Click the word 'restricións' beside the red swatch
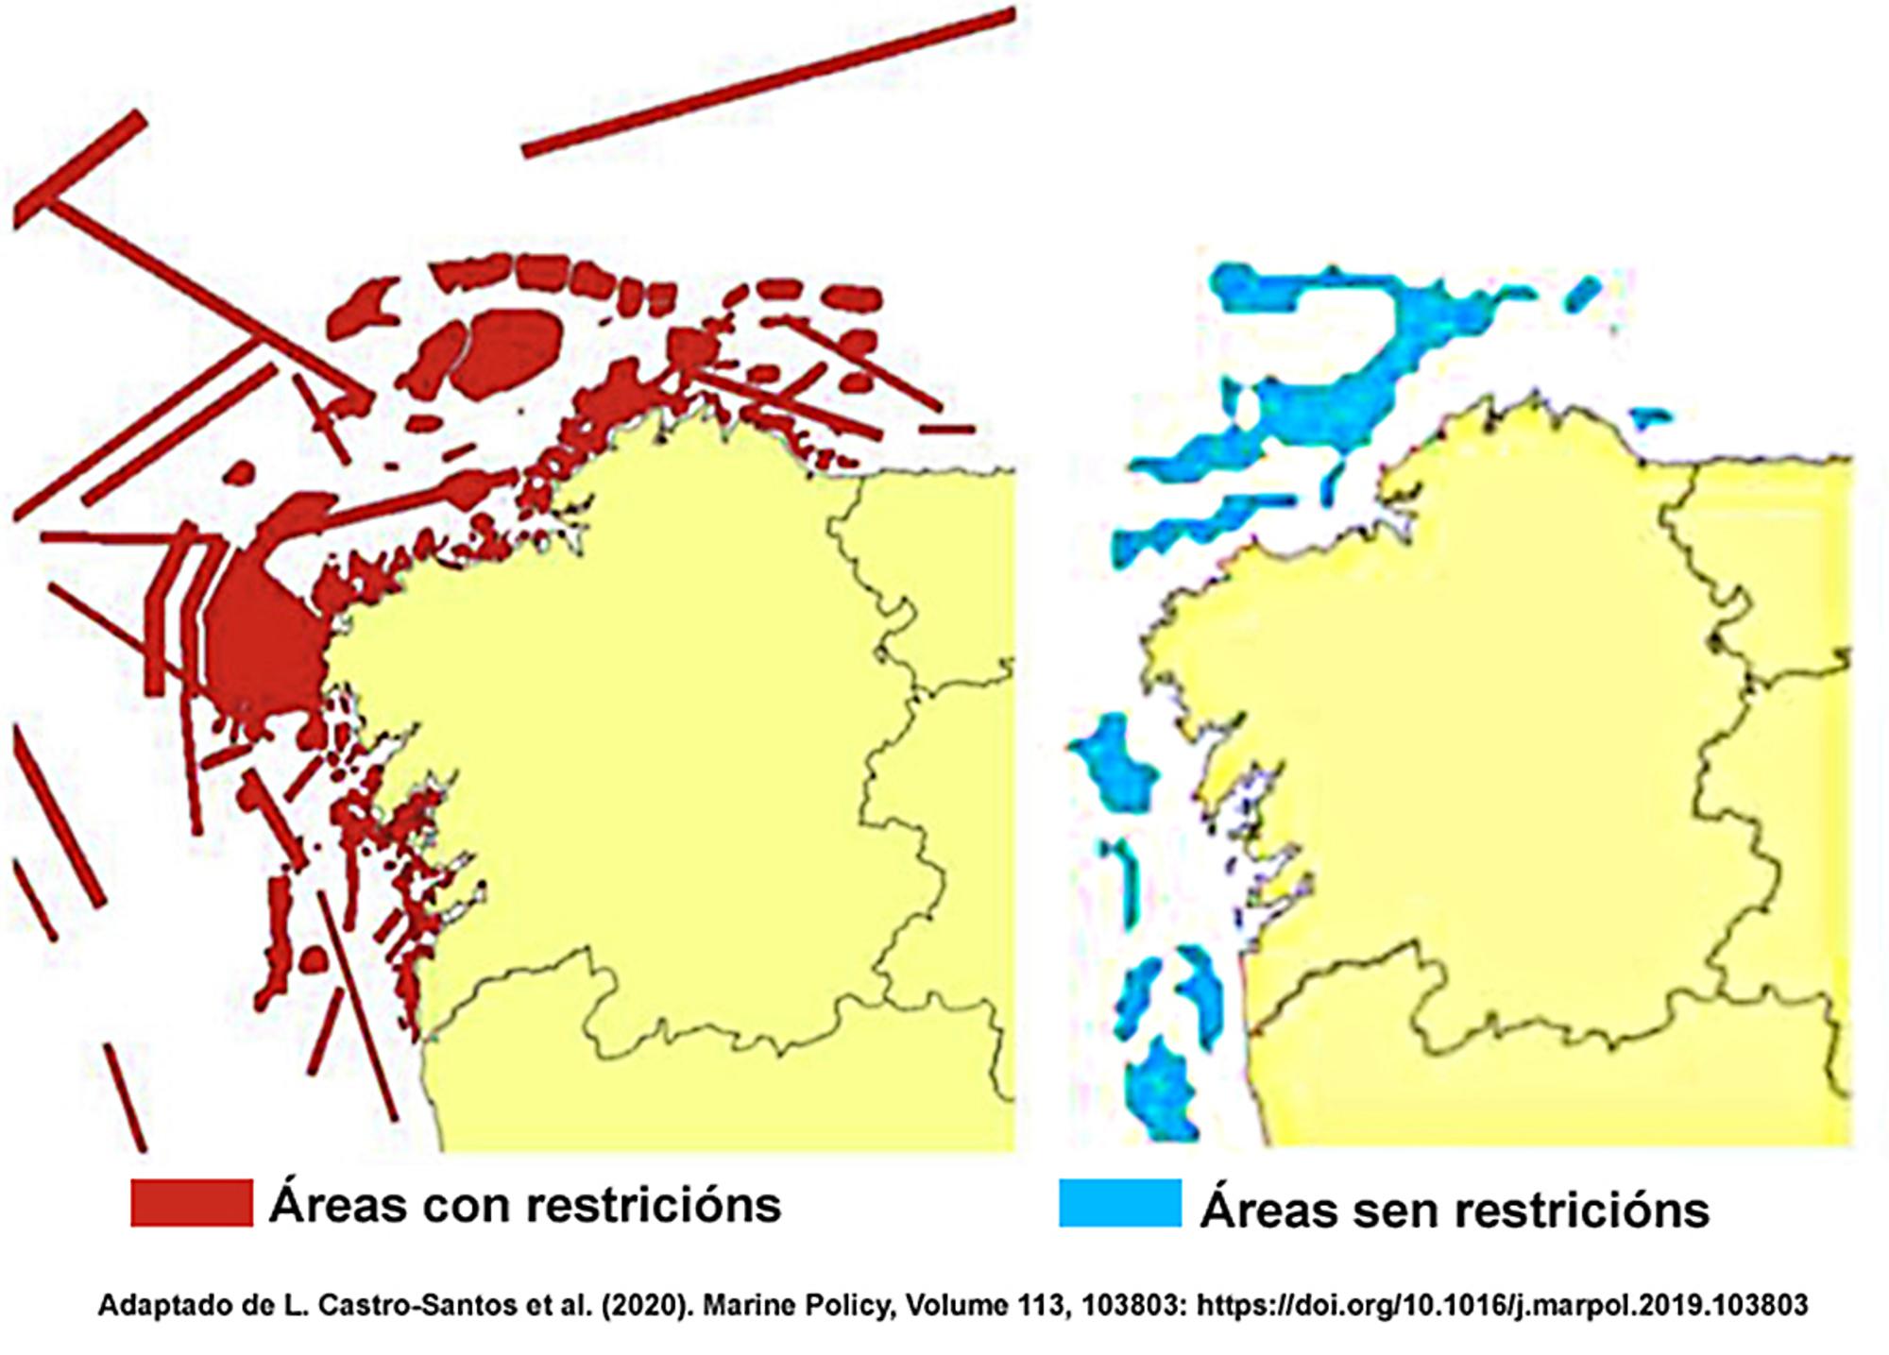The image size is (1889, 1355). click(x=653, y=1205)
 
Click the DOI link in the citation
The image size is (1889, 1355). click(x=1502, y=1305)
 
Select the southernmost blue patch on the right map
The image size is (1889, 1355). click(x=1160, y=1091)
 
